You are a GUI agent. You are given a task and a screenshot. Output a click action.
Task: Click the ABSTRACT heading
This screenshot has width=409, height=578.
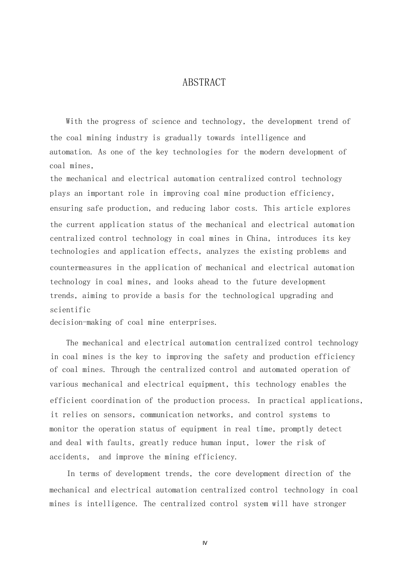point(204,83)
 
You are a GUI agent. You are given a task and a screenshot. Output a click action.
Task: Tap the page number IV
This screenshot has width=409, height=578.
point(204,543)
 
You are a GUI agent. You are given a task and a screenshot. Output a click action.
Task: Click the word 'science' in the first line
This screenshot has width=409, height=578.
point(166,122)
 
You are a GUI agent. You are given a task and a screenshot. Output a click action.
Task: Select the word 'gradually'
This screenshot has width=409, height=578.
point(183,138)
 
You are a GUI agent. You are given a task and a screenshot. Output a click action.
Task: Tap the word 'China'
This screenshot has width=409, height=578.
point(257,239)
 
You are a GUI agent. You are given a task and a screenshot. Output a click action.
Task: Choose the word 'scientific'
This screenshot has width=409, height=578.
point(70,310)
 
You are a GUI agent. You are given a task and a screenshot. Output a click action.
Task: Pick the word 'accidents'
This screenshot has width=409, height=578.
point(69,457)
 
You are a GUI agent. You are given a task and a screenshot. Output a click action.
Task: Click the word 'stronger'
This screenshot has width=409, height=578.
point(330,504)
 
